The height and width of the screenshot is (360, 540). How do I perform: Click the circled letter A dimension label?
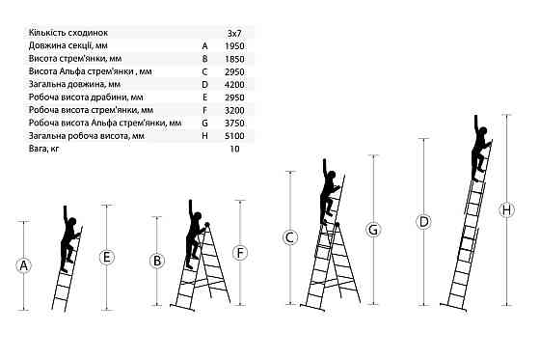pyautogui.click(x=23, y=265)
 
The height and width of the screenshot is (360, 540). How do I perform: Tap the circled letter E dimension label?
pyautogui.click(x=106, y=258)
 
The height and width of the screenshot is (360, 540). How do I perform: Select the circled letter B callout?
pyautogui.click(x=156, y=261)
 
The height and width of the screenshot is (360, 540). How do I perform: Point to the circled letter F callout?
pyautogui.click(x=240, y=253)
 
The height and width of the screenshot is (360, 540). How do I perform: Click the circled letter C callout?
pyautogui.click(x=290, y=237)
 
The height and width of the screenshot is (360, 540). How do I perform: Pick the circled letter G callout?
pyautogui.click(x=373, y=230)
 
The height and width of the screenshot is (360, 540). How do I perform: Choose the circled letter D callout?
pyautogui.click(x=423, y=222)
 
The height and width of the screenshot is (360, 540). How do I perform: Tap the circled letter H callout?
pyautogui.click(x=506, y=209)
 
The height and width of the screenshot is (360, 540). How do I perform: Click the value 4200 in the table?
pyautogui.click(x=234, y=85)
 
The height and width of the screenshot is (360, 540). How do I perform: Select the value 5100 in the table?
pyautogui.click(x=234, y=136)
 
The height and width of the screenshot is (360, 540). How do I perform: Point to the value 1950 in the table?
pyautogui.click(x=234, y=46)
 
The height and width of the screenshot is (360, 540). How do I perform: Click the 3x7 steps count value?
pyautogui.click(x=234, y=34)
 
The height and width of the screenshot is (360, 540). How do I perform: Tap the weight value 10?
pyautogui.click(x=234, y=149)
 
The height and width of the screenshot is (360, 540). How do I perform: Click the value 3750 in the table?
pyautogui.click(x=234, y=124)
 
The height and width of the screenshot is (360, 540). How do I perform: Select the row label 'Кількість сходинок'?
pyautogui.click(x=68, y=33)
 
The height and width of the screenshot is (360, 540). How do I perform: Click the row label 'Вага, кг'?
pyautogui.click(x=43, y=149)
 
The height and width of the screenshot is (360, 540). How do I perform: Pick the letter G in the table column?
pyautogui.click(x=204, y=124)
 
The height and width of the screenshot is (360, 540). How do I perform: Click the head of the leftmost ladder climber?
pyautogui.click(x=72, y=222)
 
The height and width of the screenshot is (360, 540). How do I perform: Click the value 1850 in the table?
pyautogui.click(x=234, y=59)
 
